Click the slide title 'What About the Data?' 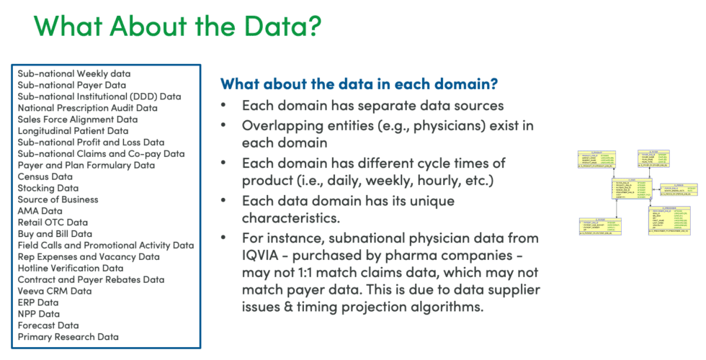(176, 26)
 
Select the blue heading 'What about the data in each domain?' (359, 84)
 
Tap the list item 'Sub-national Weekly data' (74, 73)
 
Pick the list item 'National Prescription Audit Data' (87, 108)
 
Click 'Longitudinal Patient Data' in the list (73, 131)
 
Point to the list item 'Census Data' (45, 176)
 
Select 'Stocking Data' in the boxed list (48, 188)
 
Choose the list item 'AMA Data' (40, 211)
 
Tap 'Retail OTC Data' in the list (53, 222)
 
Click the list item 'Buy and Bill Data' (55, 234)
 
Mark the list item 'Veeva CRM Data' (55, 291)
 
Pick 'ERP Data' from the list (39, 302)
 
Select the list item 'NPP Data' (39, 314)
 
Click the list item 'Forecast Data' (48, 325)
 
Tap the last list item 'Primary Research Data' (68, 337)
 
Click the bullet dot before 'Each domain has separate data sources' (227, 105)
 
